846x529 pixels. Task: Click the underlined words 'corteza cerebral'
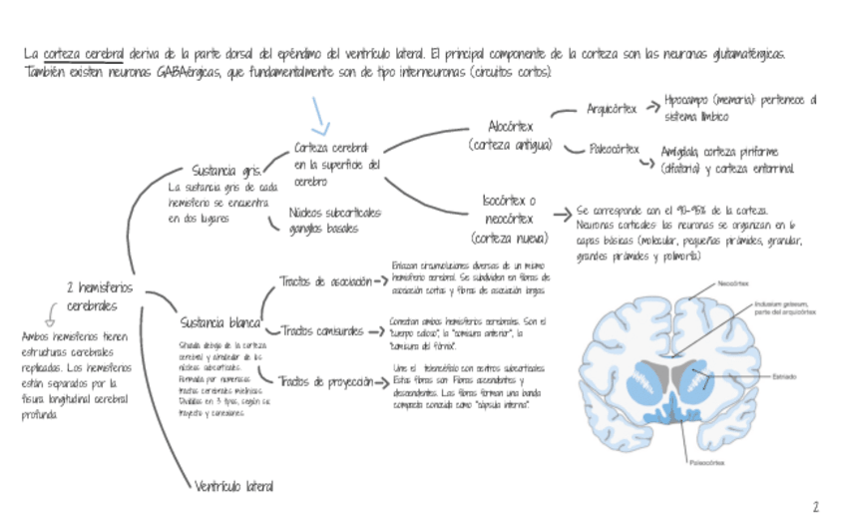click(x=83, y=53)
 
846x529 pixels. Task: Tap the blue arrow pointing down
click(x=320, y=116)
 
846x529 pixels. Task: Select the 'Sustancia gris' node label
click(x=227, y=170)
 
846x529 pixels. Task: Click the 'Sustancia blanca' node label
click(x=220, y=322)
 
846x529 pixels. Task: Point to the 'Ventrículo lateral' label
click(x=234, y=486)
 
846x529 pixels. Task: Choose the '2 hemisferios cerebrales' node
click(x=99, y=296)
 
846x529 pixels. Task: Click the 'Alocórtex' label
click(x=511, y=128)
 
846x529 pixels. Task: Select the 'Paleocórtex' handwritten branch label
click(x=615, y=149)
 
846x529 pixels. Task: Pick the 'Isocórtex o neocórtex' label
click(x=509, y=219)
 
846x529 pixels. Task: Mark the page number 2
click(x=815, y=507)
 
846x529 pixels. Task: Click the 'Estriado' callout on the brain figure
click(x=783, y=376)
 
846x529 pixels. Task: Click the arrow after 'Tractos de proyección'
click(x=380, y=381)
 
